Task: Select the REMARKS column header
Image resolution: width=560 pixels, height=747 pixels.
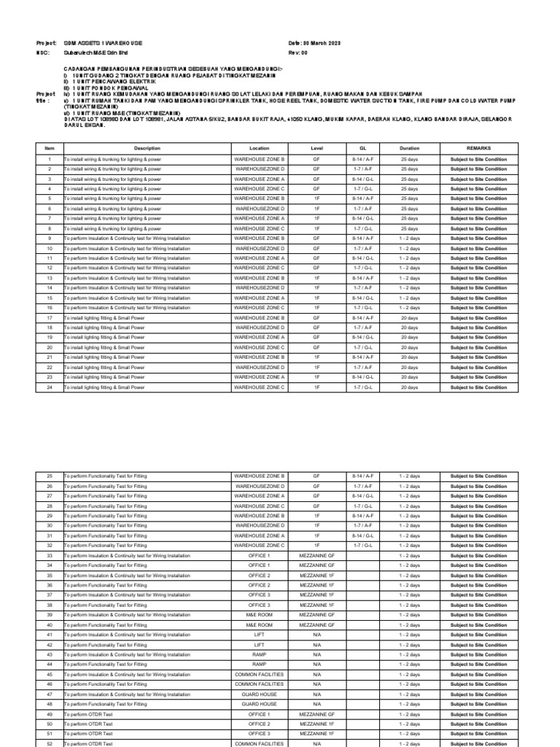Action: (478, 147)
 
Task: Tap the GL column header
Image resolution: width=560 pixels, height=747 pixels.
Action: (362, 147)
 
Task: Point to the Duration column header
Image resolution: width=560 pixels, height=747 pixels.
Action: (410, 147)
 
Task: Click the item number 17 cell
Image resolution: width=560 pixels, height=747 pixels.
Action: (50, 318)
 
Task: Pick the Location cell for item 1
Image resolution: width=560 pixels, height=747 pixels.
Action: (259, 159)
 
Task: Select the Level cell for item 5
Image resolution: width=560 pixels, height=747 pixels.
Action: (316, 198)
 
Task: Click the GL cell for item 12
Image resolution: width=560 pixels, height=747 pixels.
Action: (362, 268)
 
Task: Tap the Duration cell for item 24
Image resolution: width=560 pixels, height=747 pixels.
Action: (410, 387)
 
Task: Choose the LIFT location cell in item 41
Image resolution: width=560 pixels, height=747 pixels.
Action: (259, 635)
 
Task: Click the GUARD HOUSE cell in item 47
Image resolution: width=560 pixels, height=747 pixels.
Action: (259, 694)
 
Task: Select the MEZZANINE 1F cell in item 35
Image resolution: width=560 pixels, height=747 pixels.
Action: (316, 576)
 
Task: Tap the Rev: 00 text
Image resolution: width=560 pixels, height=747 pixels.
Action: (299, 53)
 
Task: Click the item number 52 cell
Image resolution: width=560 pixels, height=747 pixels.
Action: (50, 743)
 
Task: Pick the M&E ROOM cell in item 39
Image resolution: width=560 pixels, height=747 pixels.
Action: (259, 615)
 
